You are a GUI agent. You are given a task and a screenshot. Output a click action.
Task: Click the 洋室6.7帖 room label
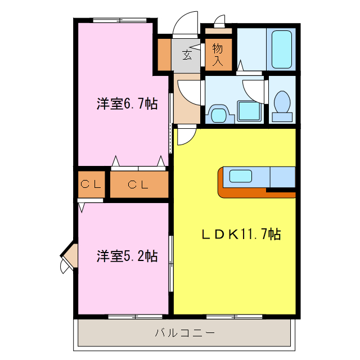tap(126, 104)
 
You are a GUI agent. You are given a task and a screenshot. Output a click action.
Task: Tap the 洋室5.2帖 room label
tap(126, 256)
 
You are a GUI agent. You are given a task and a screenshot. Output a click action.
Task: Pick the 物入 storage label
tap(218, 55)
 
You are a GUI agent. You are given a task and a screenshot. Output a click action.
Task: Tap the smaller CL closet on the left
tap(91, 184)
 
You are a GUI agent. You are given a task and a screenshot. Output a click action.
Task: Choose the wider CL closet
tap(138, 184)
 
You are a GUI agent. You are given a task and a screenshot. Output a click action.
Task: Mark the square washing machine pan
tap(249, 110)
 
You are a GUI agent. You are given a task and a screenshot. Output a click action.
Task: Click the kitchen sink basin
tap(241, 176)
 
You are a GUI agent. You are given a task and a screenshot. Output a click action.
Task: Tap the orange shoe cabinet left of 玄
tap(164, 55)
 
